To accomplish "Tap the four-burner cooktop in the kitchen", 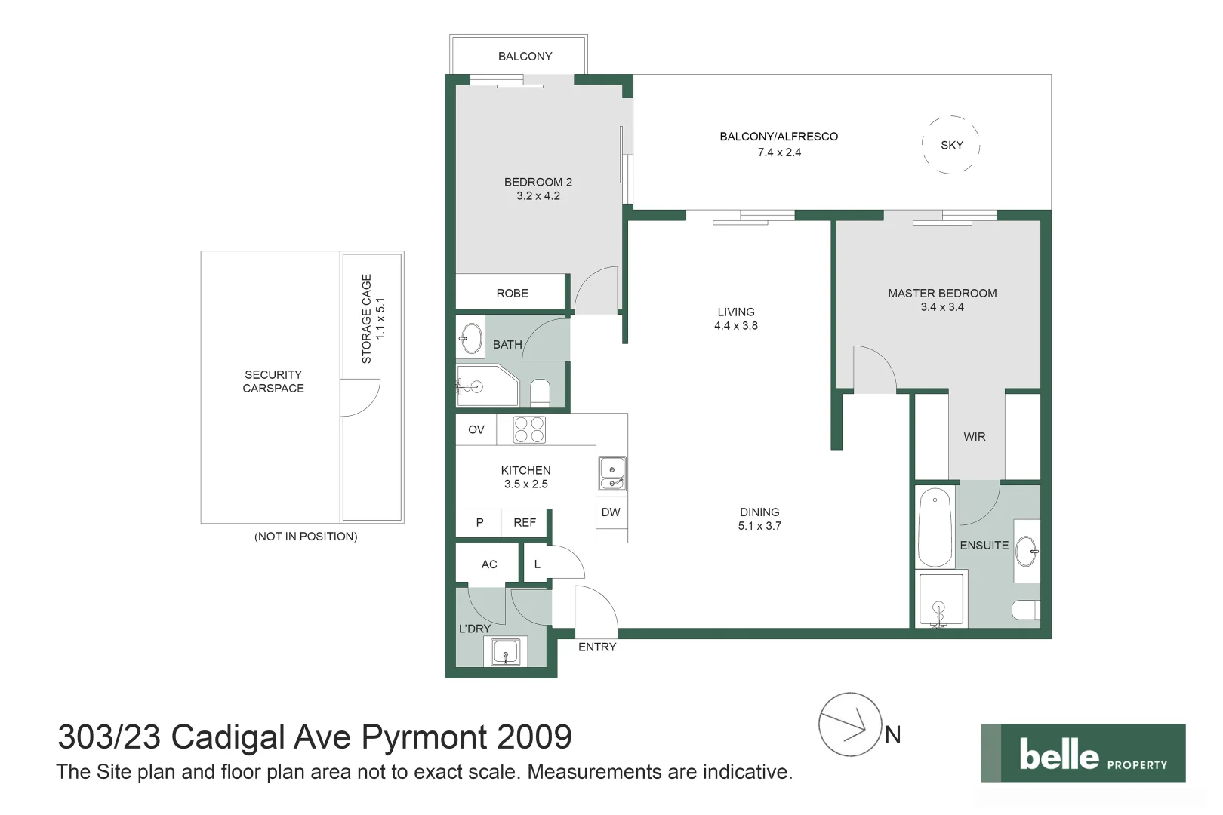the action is point(529,429).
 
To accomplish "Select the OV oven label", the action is point(476,429).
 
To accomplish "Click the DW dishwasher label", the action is point(611,512).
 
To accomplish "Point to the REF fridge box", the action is point(525,523).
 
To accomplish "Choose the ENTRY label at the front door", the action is point(597,647).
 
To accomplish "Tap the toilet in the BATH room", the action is point(540,392).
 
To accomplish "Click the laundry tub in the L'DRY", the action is point(506,652).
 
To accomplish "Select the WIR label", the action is point(975,437).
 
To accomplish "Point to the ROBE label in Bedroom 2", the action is point(512,293).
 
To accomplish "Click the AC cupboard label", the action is point(489,564).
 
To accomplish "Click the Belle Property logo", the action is point(1083,753).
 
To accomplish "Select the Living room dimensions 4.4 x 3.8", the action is point(736,326).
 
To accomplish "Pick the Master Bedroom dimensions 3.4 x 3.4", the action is point(942,307).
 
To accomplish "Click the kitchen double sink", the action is point(612,473).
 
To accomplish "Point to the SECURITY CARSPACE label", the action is point(273,382).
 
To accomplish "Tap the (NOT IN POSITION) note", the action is point(306,537).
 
